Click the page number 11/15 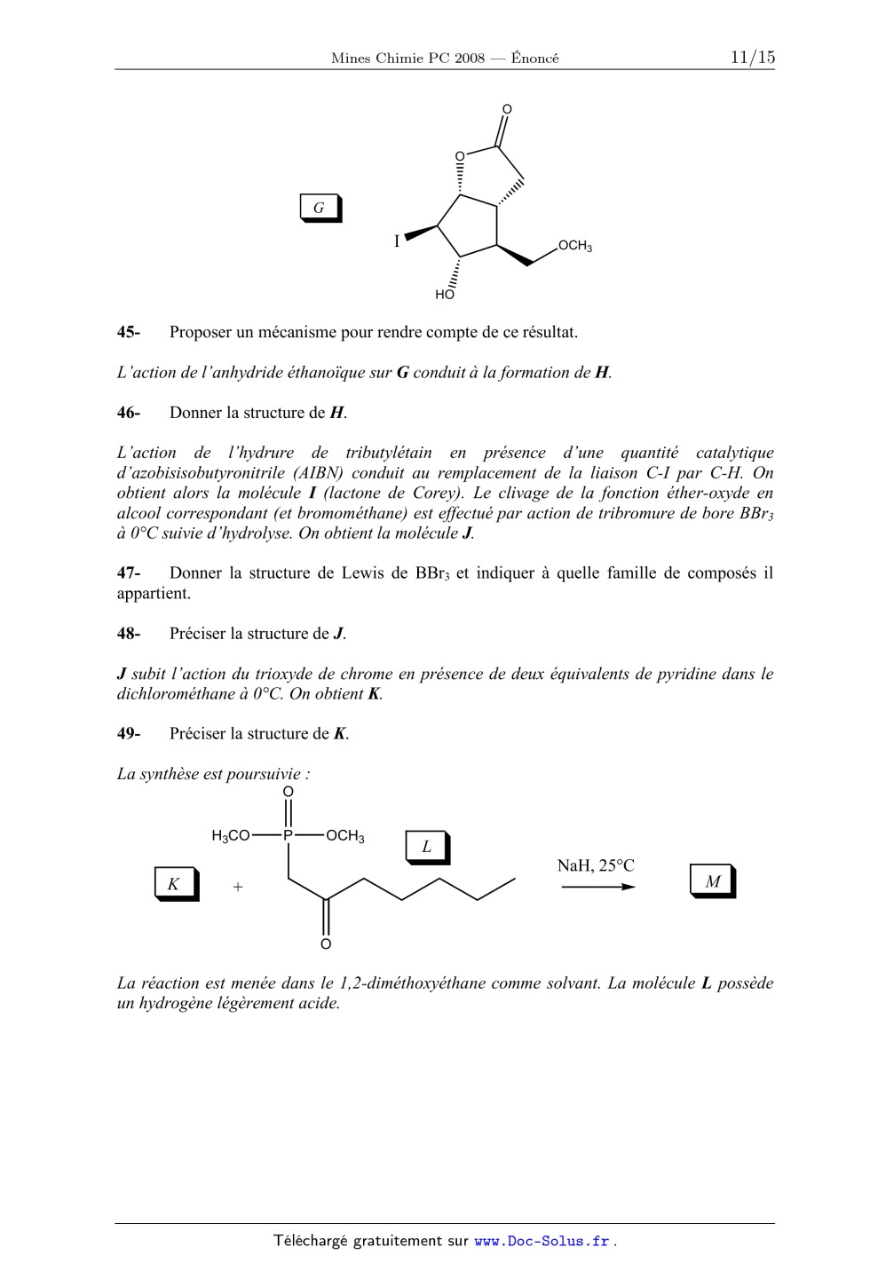pyautogui.click(x=752, y=58)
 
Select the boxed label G pyautogui.click(x=319, y=208)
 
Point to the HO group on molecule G pyautogui.click(x=444, y=295)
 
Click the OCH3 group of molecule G pyautogui.click(x=575, y=246)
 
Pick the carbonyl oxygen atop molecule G pyautogui.click(x=507, y=110)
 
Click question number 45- pyautogui.click(x=129, y=333)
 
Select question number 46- pyautogui.click(x=129, y=413)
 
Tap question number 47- pyautogui.click(x=129, y=573)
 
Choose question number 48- pyautogui.click(x=129, y=634)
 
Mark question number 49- pyautogui.click(x=129, y=734)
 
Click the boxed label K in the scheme pyautogui.click(x=173, y=884)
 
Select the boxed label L pyautogui.click(x=426, y=847)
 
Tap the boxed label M pyautogui.click(x=712, y=881)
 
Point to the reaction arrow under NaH pyautogui.click(x=597, y=887)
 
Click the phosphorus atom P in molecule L pyautogui.click(x=288, y=835)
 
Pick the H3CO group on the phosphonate pyautogui.click(x=231, y=836)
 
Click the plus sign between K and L pyautogui.click(x=238, y=887)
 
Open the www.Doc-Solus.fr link pyautogui.click(x=542, y=1242)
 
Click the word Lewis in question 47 pyautogui.click(x=362, y=573)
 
